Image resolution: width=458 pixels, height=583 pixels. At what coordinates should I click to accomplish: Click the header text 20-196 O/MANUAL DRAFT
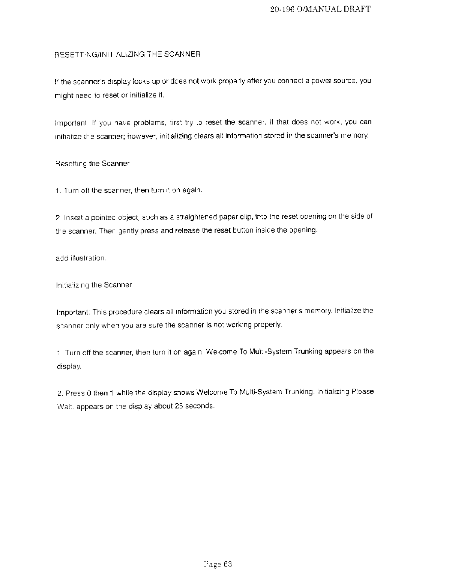point(320,9)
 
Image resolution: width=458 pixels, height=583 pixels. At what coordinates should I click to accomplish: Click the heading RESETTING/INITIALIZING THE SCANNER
point(128,54)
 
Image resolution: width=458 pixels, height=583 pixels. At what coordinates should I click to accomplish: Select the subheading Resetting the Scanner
point(92,164)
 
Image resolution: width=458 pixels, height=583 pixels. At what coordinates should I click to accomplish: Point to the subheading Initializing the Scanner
point(93,285)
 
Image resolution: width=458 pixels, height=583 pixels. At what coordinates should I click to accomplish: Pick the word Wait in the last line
point(63,406)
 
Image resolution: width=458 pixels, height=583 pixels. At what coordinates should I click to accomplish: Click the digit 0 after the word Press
point(89,394)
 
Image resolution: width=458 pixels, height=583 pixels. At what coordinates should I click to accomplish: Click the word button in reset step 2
point(232,230)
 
